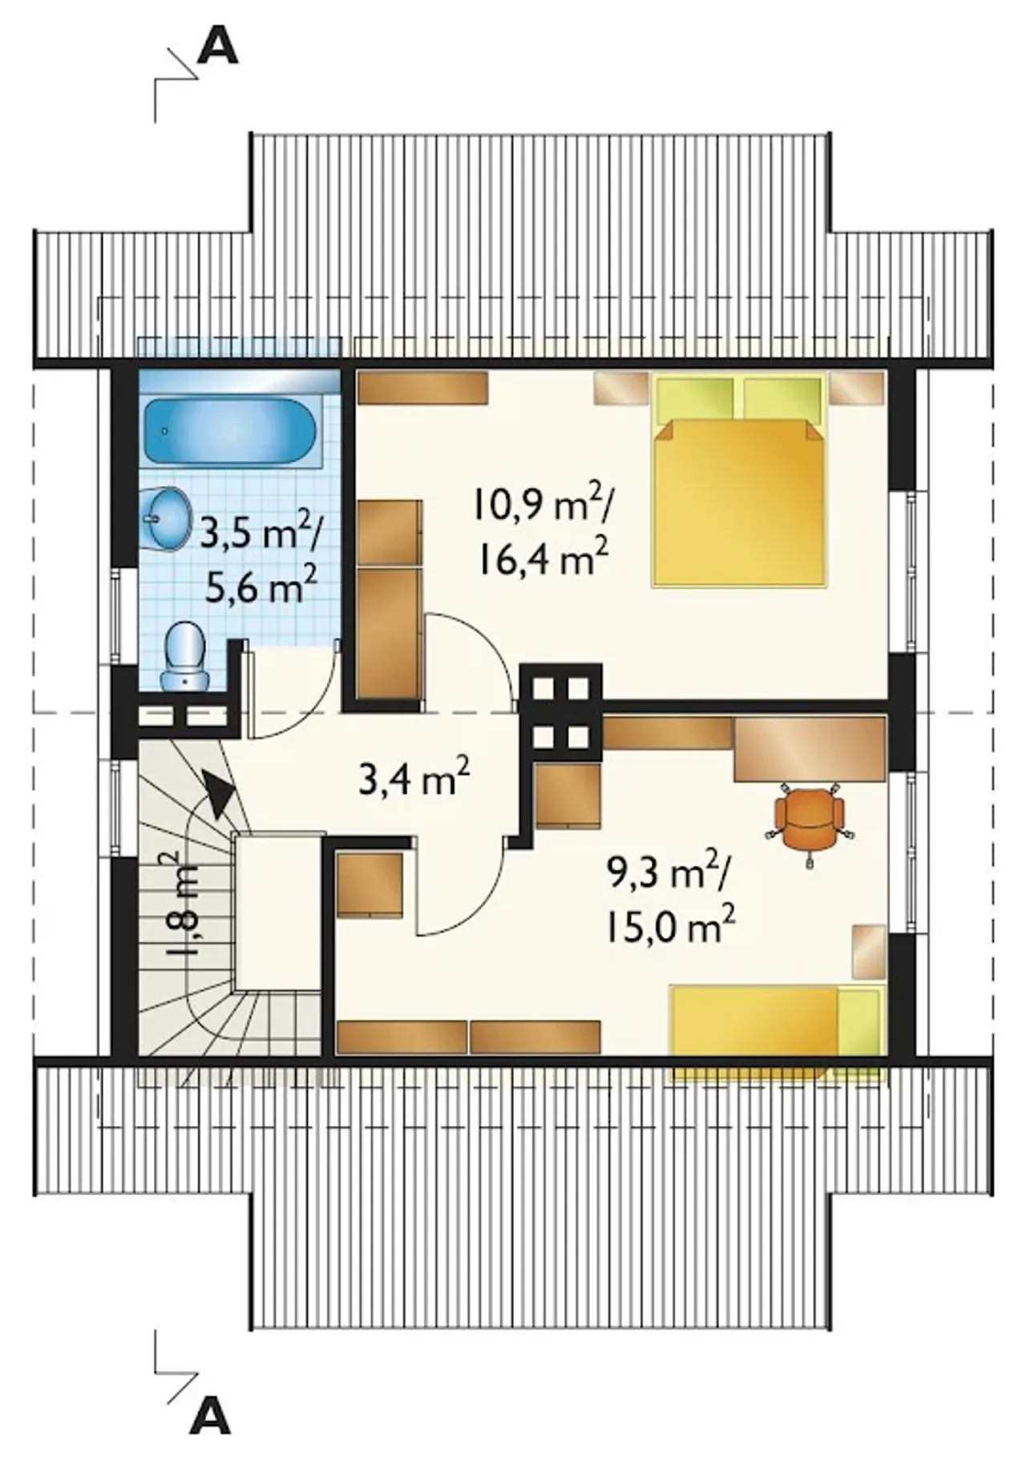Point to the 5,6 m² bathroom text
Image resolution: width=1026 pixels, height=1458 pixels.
260,589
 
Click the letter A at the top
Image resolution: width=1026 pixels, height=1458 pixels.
217,48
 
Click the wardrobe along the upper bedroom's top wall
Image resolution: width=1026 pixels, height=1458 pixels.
422,387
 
